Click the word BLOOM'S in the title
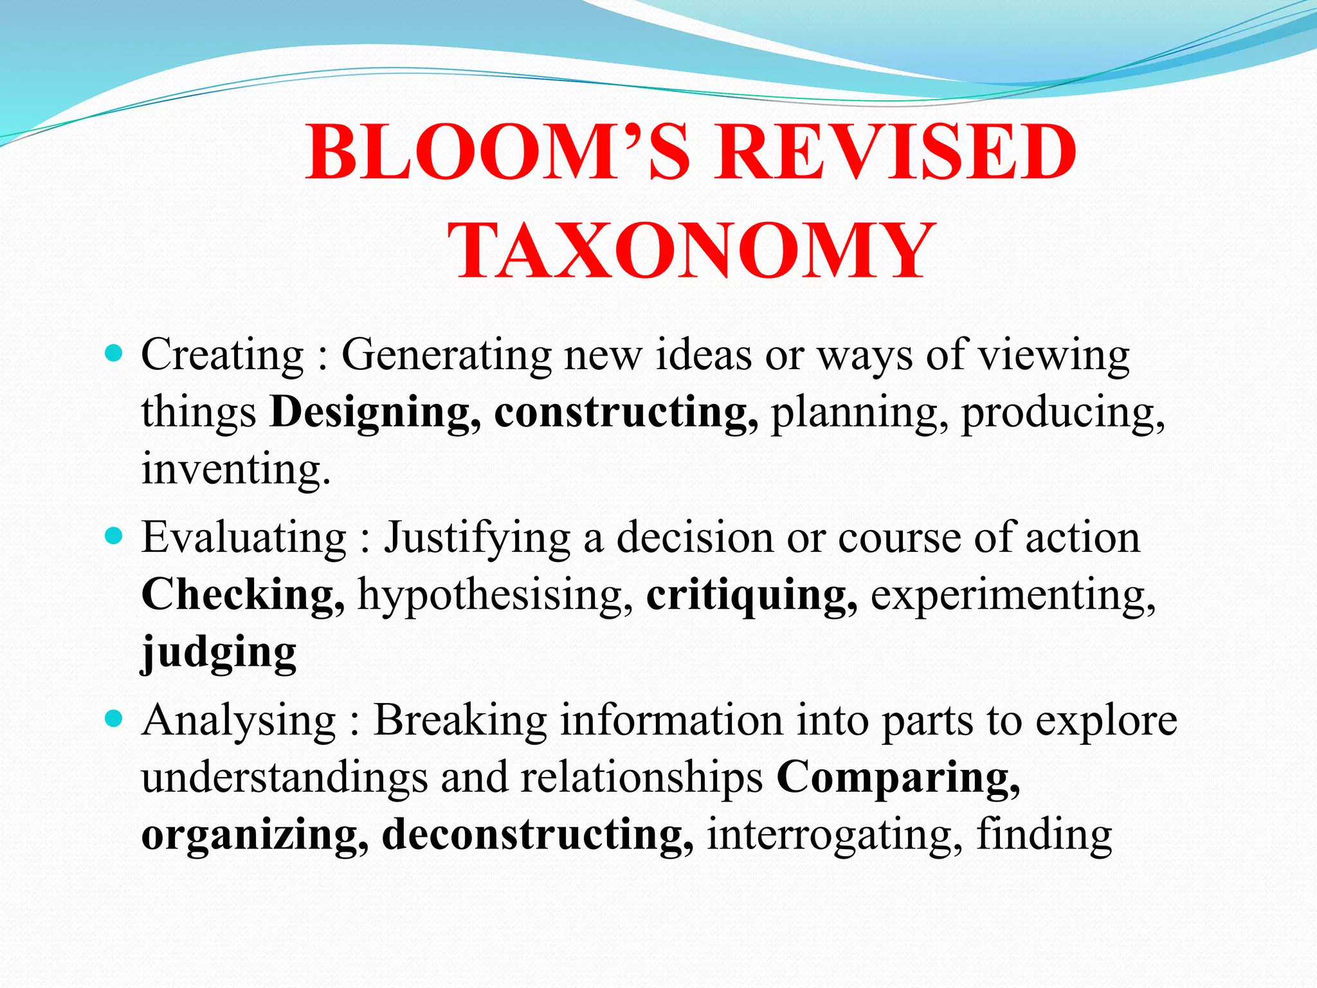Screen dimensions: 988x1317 coord(497,152)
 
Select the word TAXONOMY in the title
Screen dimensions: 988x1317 coord(691,251)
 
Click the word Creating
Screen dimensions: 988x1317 coord(222,355)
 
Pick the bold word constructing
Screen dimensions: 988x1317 coord(626,413)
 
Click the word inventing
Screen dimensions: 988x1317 coord(235,468)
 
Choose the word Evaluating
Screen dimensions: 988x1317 coord(244,538)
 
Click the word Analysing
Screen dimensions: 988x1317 coord(239,721)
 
